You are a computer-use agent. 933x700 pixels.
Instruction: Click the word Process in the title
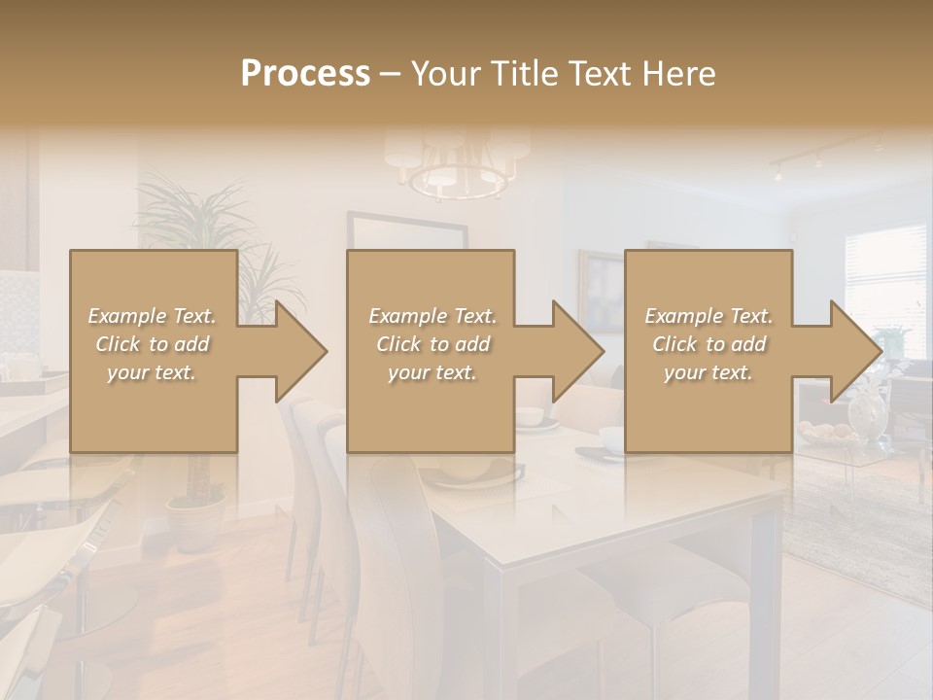[304, 74]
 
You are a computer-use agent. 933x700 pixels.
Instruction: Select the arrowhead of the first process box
[296, 351]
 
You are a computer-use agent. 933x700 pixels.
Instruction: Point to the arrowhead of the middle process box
[573, 351]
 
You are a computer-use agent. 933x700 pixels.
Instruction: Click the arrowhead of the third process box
[851, 351]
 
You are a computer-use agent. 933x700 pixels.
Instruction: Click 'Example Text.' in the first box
[152, 316]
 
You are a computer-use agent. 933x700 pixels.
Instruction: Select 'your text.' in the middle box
[432, 372]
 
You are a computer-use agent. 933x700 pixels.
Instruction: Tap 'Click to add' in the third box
[708, 344]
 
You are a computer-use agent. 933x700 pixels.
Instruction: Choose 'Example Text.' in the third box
[708, 316]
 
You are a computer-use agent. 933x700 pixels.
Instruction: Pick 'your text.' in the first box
[152, 372]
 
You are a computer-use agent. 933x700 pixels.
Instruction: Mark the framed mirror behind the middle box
[408, 233]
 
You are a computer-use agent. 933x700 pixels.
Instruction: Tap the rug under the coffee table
[855, 525]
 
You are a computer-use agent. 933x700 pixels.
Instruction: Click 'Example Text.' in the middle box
[432, 316]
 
